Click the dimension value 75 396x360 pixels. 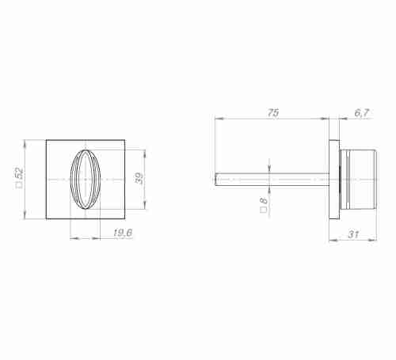click(273, 113)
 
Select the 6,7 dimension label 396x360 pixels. click(362, 113)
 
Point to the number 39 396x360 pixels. click(140, 180)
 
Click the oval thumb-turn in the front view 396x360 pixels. click(86, 180)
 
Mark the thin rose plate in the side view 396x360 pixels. click(333, 180)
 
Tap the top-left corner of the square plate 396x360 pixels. click(46, 141)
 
